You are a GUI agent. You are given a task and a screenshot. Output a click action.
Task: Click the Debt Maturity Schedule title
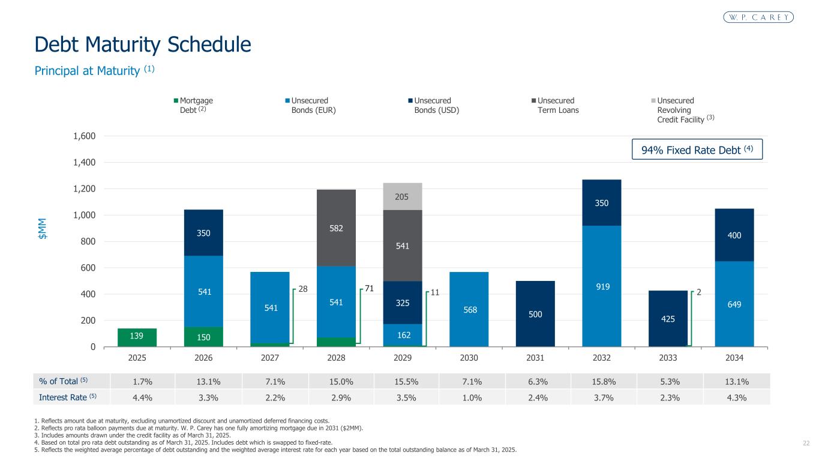[143, 44]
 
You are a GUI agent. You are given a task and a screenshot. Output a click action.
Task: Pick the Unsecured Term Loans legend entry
[555, 106]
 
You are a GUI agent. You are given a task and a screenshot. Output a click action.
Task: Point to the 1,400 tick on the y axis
[85, 162]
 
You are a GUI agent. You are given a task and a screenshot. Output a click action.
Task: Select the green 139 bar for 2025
[137, 337]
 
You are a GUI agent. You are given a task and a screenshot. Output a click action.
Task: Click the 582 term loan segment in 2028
[336, 227]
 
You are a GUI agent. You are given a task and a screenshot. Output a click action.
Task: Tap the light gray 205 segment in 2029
[403, 196]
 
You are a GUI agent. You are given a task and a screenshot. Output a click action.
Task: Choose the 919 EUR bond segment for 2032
[601, 287]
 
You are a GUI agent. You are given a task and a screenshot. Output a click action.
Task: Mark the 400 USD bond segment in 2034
[734, 235]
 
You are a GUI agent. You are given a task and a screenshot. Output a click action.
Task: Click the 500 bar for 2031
[535, 314]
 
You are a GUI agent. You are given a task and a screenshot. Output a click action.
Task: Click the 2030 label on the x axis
[469, 358]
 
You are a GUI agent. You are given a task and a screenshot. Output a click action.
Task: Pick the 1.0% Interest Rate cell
[469, 397]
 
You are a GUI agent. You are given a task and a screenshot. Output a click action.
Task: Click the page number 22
[806, 443]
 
